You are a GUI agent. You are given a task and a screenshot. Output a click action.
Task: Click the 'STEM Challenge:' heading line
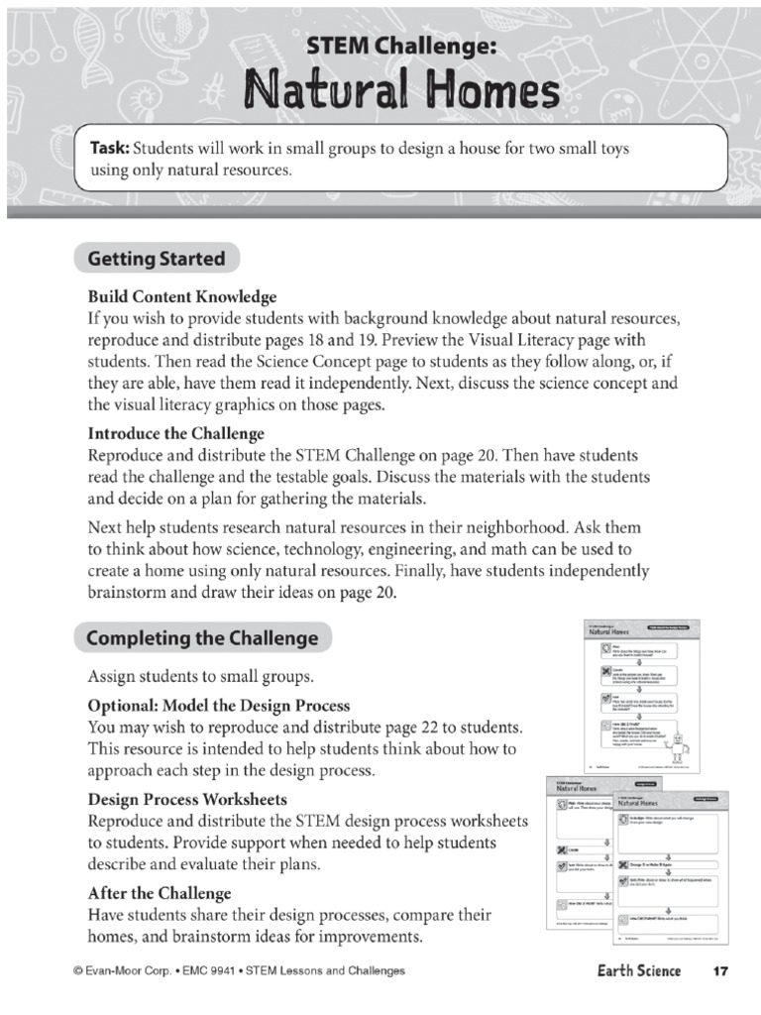pos(400,46)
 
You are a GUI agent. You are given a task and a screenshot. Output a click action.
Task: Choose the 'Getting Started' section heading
pos(157,260)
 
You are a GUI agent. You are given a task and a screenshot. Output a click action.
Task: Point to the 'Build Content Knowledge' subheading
pos(182,296)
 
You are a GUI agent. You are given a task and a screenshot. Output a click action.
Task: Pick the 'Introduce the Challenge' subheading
pos(176,433)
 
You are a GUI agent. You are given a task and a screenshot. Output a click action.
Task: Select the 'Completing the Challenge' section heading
pos(202,638)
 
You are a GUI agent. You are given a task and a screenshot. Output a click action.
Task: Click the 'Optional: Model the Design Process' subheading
pos(219,705)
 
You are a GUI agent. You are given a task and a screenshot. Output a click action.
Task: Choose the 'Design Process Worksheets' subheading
pos(188,799)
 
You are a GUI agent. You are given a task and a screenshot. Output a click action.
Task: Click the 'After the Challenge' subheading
pos(160,892)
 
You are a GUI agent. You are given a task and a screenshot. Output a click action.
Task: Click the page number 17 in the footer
pos(720,970)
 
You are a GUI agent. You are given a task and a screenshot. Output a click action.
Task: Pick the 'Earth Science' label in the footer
pos(639,970)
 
